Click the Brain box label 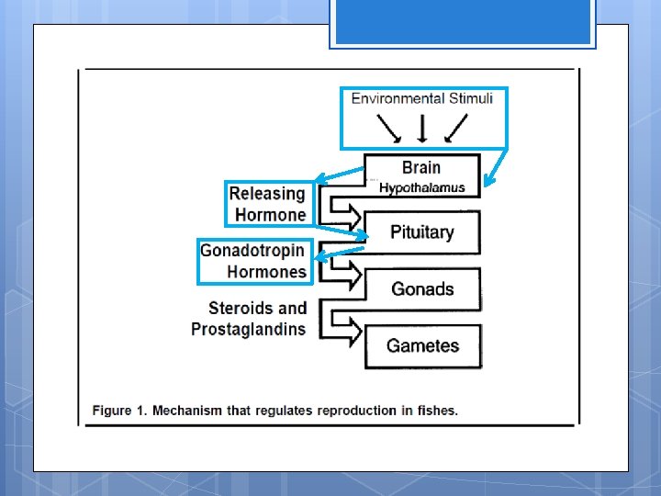tap(421, 167)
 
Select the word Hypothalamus tap(421, 187)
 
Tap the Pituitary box tap(422, 232)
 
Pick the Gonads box tap(422, 289)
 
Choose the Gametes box tap(422, 346)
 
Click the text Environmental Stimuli tap(422, 99)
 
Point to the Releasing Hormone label tap(268, 204)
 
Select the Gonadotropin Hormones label tap(253, 261)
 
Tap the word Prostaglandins tap(249, 329)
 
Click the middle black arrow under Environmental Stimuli tap(421, 128)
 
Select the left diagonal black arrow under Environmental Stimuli tap(388, 129)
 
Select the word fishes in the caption tap(436, 411)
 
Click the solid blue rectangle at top tap(463, 23)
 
